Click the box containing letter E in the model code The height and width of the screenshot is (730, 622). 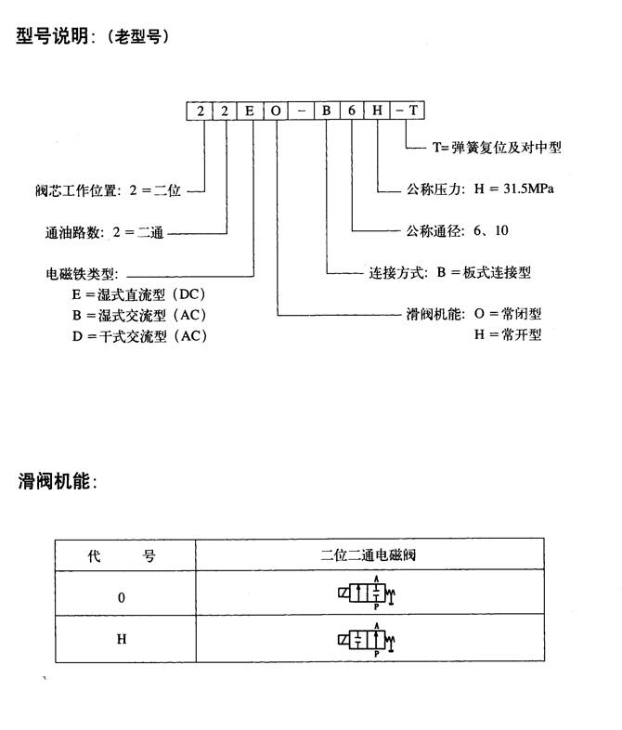click(x=251, y=111)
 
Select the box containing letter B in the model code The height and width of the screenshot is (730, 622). click(x=327, y=111)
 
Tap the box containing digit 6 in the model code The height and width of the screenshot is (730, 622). click(x=352, y=111)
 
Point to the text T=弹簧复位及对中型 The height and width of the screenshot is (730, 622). click(x=498, y=147)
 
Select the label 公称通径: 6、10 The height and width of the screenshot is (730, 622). click(x=458, y=230)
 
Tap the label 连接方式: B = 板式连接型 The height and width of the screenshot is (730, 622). click(x=450, y=273)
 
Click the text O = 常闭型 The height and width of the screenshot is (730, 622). click(x=508, y=315)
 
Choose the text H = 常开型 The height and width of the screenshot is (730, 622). click(x=508, y=334)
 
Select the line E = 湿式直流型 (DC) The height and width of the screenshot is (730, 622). click(x=139, y=295)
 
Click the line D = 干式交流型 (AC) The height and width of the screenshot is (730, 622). click(x=139, y=336)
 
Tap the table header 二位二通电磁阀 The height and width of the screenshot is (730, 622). click(x=369, y=556)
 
